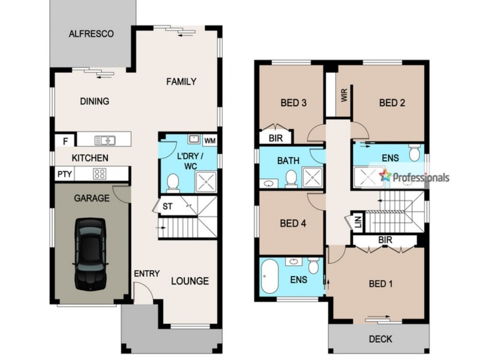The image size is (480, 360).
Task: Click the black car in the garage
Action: (x=91, y=252)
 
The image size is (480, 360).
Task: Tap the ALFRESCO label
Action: (x=91, y=34)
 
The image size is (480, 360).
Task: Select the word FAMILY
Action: (x=181, y=82)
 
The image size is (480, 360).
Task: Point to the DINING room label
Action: (x=94, y=101)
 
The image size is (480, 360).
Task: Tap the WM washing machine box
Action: (x=209, y=140)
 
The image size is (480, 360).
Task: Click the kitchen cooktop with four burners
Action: (x=100, y=175)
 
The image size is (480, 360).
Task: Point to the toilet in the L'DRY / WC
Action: (x=173, y=181)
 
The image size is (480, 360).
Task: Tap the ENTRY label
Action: (x=146, y=274)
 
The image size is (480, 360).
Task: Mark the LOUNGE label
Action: (x=190, y=281)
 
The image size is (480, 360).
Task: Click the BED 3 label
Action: (x=294, y=103)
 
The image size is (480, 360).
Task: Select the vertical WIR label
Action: (x=344, y=95)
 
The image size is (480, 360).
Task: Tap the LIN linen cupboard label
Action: (x=358, y=221)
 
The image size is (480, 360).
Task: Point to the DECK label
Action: (x=380, y=339)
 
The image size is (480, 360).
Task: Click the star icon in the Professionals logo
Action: (x=385, y=175)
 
